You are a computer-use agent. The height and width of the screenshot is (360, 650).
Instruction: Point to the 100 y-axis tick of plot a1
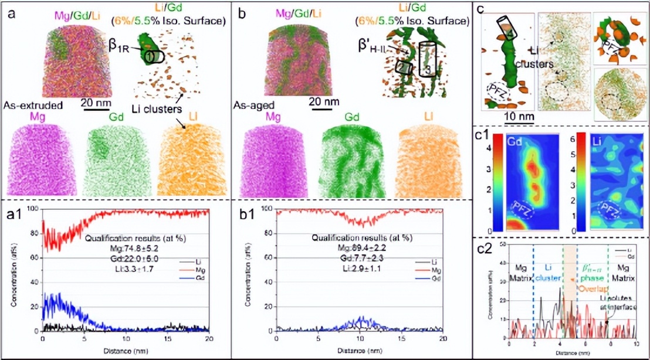(33, 209)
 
